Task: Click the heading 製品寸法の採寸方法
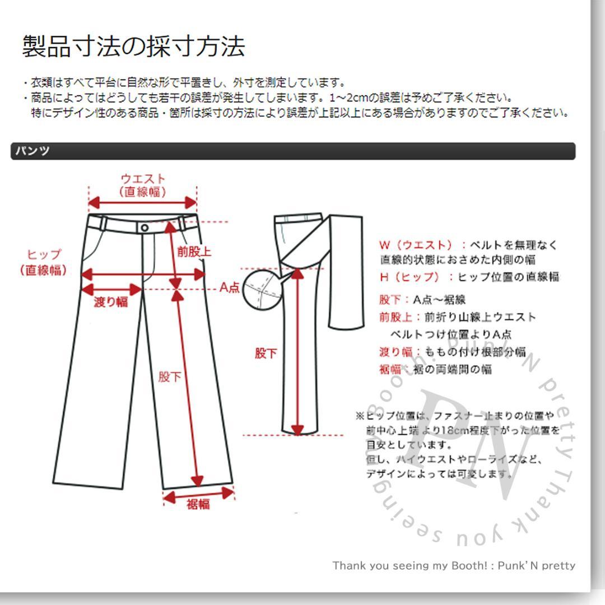click(x=133, y=46)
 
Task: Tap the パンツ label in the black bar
click(x=32, y=151)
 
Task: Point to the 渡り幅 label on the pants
click(x=111, y=302)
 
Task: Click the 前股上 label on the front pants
click(x=194, y=252)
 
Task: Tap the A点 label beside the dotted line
click(x=229, y=288)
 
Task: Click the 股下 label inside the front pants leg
click(x=169, y=376)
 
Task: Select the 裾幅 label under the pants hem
click(x=198, y=504)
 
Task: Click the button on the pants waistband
click(x=145, y=227)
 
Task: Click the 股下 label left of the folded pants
click(x=266, y=353)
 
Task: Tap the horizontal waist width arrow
click(x=143, y=203)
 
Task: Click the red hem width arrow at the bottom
click(x=198, y=494)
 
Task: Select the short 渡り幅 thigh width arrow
click(x=111, y=290)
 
